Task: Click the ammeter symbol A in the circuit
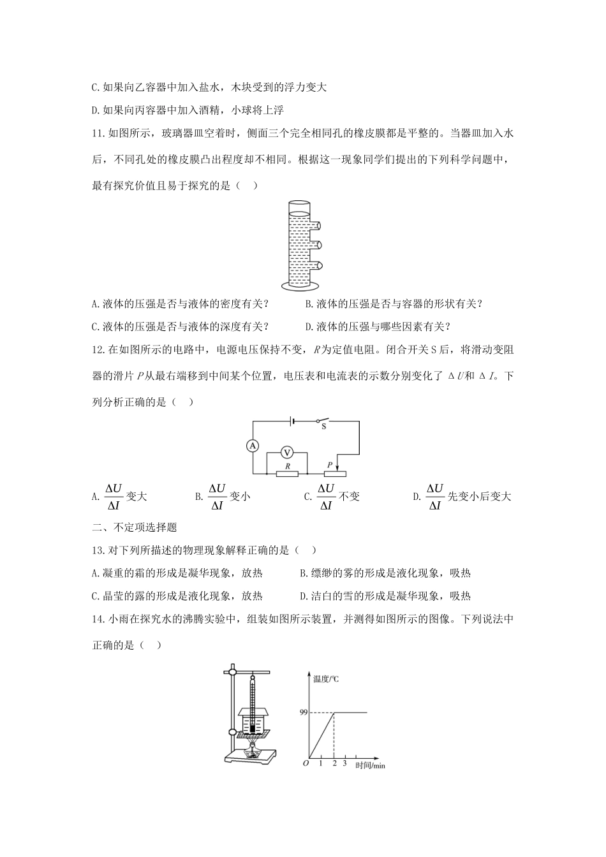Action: pos(253,446)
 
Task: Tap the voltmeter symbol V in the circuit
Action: pos(287,452)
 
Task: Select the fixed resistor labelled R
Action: pos(288,474)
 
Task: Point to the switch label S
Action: pos(323,427)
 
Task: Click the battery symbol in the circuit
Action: pos(291,421)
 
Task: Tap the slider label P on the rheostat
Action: pos(330,466)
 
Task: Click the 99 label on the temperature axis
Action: pos(304,712)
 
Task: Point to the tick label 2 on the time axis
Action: pos(334,763)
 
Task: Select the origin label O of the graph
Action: pos(306,763)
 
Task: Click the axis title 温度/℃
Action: pos(326,679)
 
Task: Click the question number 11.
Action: pos(98,133)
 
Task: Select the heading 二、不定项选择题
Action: pos(135,527)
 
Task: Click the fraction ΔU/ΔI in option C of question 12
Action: pos(325,496)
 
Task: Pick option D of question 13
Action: pos(385,596)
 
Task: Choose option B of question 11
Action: pos(394,304)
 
